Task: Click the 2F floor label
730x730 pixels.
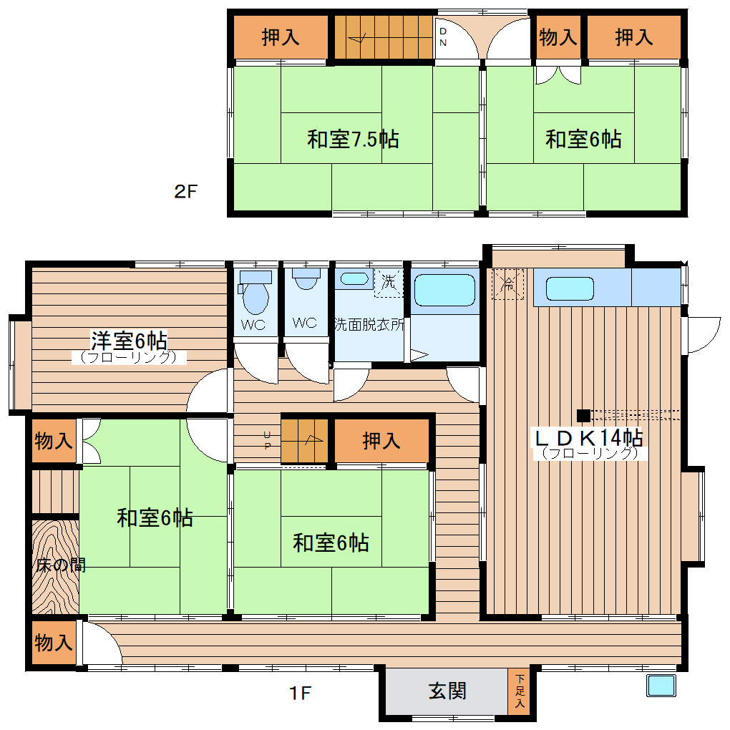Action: [185, 192]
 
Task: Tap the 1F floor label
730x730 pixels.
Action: [301, 693]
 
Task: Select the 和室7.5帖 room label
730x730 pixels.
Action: [353, 138]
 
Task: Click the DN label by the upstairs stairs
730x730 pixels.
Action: [443, 37]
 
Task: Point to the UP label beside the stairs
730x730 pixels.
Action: [268, 440]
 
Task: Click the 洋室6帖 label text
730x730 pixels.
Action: [129, 339]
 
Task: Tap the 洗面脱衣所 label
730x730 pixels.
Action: [369, 323]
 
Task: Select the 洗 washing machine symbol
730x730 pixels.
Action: [388, 282]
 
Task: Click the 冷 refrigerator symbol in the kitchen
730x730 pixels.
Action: [508, 283]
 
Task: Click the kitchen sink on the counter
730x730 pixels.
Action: [570, 288]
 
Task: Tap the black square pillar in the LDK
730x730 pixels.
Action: [583, 415]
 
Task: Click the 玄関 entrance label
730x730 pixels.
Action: [448, 691]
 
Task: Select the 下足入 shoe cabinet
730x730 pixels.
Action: [519, 691]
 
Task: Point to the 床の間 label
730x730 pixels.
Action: [62, 565]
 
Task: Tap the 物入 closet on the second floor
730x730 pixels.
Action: [558, 37]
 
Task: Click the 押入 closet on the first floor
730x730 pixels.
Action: [381, 441]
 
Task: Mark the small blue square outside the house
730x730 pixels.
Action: [661, 686]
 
